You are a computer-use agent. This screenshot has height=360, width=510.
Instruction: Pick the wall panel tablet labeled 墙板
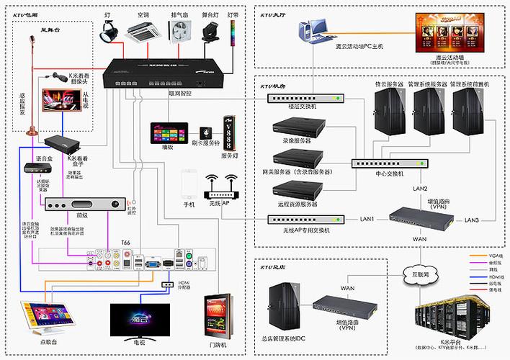pyautogui.click(x=164, y=135)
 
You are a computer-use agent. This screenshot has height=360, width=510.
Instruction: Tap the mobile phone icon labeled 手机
pyautogui.click(x=189, y=186)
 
